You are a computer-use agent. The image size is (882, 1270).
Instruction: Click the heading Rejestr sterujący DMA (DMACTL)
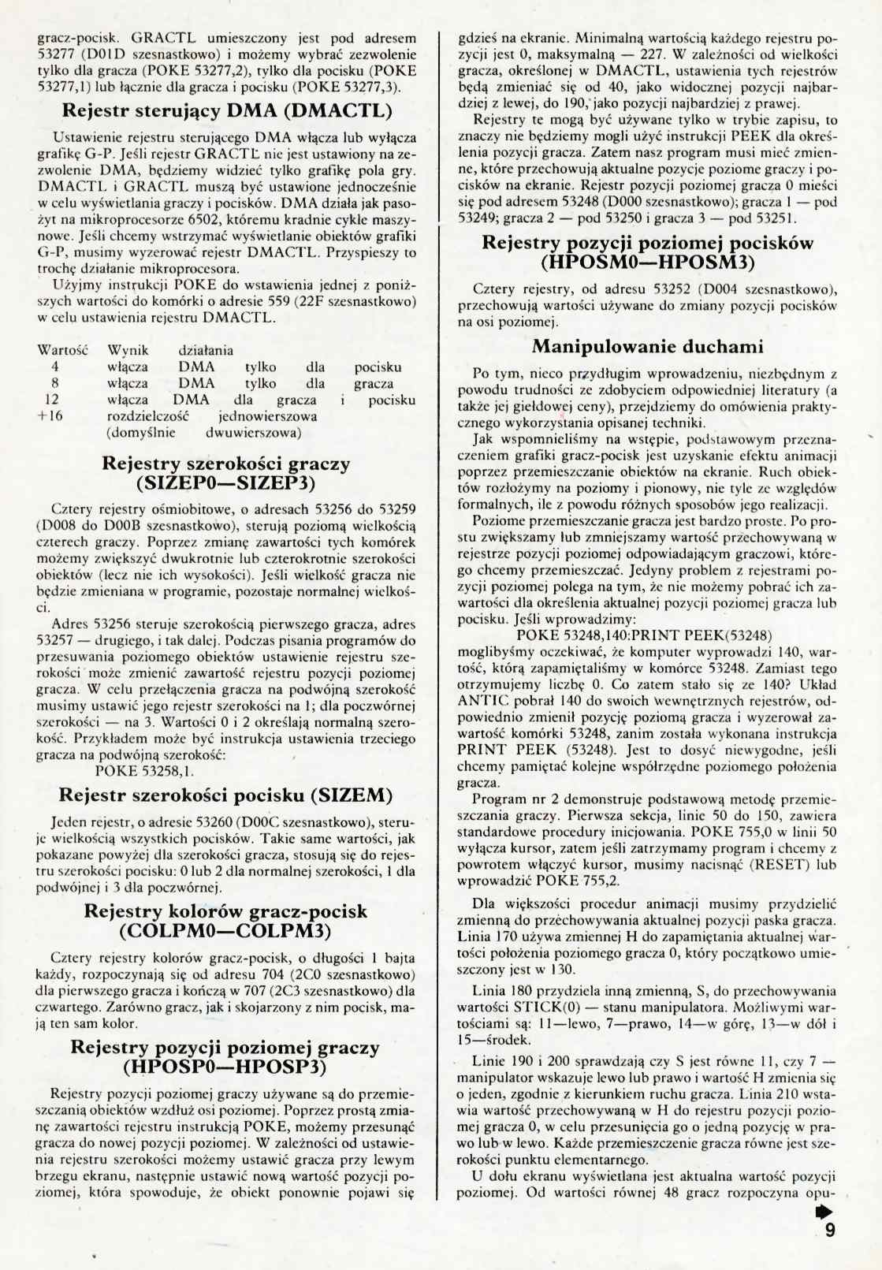pyautogui.click(x=227, y=109)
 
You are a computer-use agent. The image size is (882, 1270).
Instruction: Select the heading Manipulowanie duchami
pyautogui.click(x=647, y=346)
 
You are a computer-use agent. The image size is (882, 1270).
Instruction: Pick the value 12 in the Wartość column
pyautogui.click(x=54, y=400)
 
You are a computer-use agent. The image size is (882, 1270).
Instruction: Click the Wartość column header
pyautogui.click(x=63, y=350)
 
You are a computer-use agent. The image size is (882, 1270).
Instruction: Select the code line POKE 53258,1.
pyautogui.click(x=145, y=771)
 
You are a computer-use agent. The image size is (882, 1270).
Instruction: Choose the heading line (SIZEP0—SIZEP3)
pyautogui.click(x=226, y=482)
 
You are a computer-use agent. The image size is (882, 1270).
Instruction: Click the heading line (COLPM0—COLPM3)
pyautogui.click(x=226, y=930)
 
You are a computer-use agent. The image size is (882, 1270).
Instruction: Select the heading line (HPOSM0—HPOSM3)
pyautogui.click(x=647, y=262)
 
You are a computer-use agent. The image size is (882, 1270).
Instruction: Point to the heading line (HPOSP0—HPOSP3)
pyautogui.click(x=226, y=1067)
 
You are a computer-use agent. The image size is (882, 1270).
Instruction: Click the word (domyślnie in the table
pyautogui.click(x=141, y=433)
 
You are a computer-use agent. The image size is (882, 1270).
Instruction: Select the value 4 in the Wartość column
pyautogui.click(x=54, y=367)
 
